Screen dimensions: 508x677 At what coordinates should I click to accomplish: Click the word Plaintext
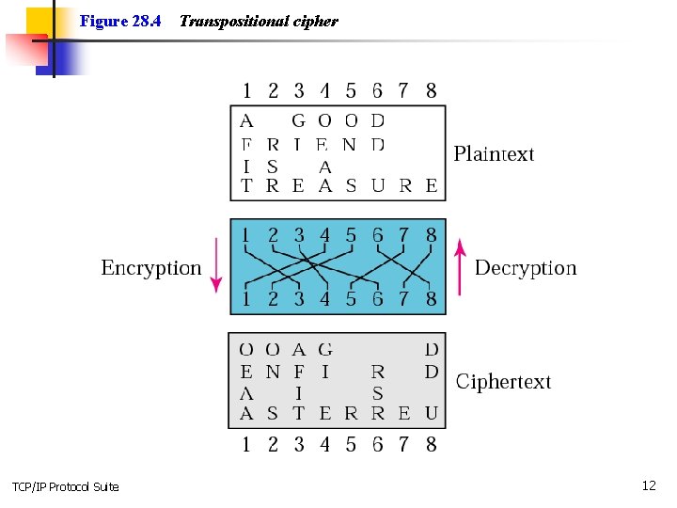click(494, 154)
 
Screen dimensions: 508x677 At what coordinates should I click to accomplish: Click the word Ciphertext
click(503, 382)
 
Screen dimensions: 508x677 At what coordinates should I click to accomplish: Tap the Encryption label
click(150, 268)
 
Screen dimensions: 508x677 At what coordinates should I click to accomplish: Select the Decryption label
click(526, 268)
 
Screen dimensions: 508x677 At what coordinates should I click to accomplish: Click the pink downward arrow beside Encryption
click(215, 266)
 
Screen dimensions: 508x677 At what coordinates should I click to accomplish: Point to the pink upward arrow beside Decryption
click(460, 266)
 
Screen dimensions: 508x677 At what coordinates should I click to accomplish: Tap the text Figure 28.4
click(120, 21)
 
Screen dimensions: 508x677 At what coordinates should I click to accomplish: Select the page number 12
click(648, 485)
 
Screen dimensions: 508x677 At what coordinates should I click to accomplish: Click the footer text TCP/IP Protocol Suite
click(65, 486)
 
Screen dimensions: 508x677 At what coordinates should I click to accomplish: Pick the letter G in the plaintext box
click(298, 120)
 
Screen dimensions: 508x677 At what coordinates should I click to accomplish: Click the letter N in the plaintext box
click(350, 145)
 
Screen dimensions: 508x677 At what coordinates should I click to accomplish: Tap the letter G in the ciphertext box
click(324, 350)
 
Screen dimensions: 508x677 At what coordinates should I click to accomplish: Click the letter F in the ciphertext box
click(298, 373)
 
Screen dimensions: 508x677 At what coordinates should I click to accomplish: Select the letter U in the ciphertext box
click(431, 413)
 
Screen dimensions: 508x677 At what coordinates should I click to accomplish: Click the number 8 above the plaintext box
click(431, 91)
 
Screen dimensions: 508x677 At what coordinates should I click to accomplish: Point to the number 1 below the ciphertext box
click(246, 444)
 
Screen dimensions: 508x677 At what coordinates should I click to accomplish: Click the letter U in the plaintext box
click(377, 186)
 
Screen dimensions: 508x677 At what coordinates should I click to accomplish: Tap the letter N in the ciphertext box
click(273, 373)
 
